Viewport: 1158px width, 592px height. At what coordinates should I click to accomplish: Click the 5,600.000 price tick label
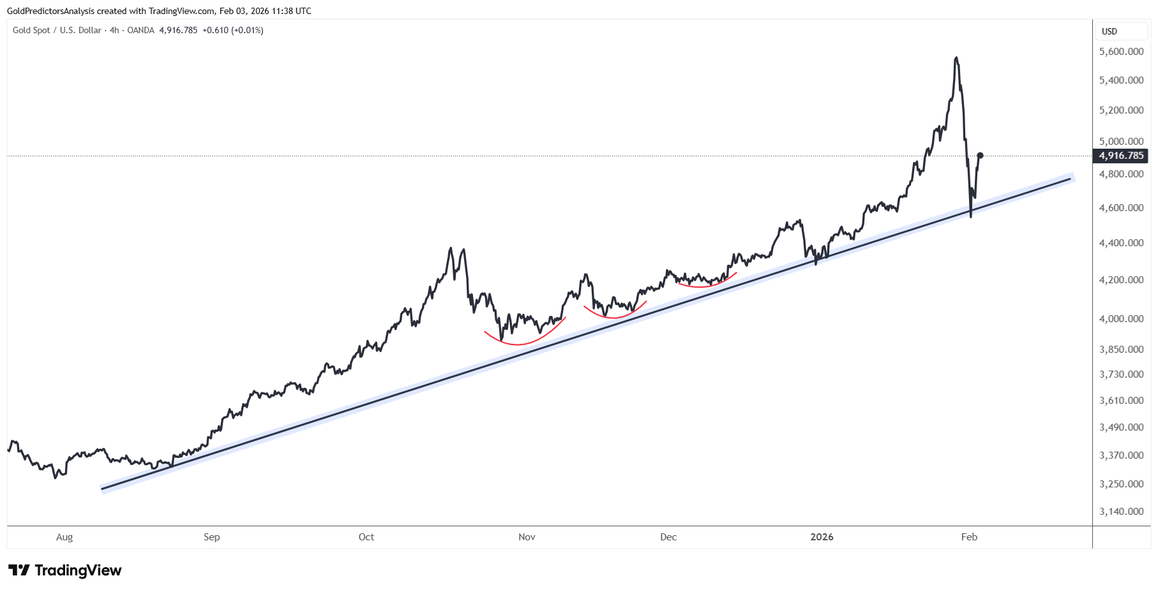(x=1121, y=51)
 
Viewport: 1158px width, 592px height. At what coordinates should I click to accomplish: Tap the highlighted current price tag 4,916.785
(x=1121, y=156)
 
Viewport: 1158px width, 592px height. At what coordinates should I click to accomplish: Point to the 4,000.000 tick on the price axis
(x=1121, y=318)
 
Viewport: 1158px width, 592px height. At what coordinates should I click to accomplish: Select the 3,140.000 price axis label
(x=1121, y=511)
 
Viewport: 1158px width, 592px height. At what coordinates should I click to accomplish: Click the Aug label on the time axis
(x=64, y=537)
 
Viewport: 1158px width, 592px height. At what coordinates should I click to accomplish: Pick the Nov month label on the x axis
(x=527, y=537)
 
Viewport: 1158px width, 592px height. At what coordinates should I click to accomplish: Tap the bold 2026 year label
(x=822, y=537)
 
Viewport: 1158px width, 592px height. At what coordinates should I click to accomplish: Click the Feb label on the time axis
(x=969, y=537)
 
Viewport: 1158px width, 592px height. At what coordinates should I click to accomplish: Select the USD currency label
(x=1109, y=31)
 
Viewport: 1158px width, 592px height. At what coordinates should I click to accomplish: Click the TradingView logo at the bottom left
(x=64, y=570)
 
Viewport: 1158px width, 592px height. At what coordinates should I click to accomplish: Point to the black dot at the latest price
(x=980, y=156)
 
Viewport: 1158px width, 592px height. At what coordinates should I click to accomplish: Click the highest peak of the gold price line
(x=955, y=58)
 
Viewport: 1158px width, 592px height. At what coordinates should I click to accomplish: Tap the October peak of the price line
(x=451, y=248)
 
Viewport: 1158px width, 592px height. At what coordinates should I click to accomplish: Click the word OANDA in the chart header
(x=140, y=30)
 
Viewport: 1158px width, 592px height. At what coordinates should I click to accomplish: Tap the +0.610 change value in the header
(x=215, y=30)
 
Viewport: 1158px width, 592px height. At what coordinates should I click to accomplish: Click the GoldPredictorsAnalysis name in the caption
(x=50, y=11)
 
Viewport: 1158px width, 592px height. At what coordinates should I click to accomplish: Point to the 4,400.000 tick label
(x=1121, y=242)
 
